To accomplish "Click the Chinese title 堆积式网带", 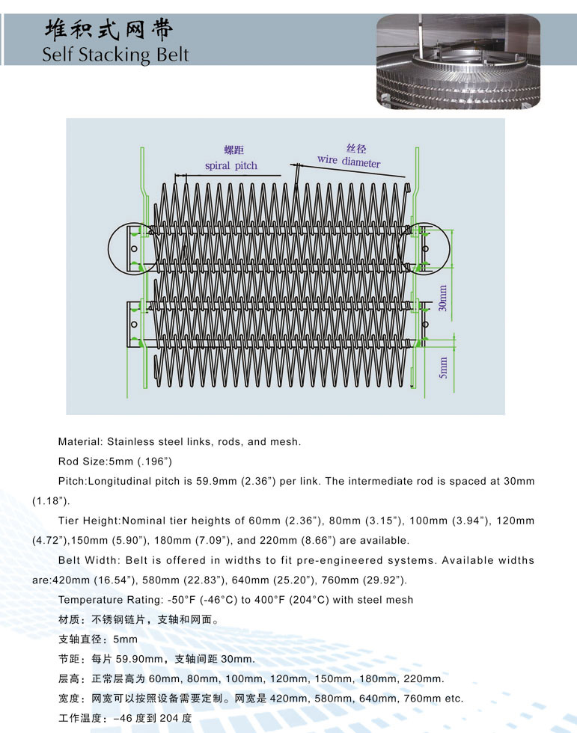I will (x=109, y=29).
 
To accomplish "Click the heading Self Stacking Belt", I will (x=115, y=55).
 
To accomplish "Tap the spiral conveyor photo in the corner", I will (x=457, y=62).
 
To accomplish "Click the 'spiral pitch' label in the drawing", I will (x=231, y=165).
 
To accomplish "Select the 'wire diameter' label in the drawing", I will (x=348, y=161).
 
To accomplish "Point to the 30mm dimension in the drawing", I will (x=443, y=298).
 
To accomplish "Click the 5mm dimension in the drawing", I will (x=443, y=366).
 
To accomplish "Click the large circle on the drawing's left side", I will (x=132, y=248).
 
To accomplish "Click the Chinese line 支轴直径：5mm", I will (x=97, y=640).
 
